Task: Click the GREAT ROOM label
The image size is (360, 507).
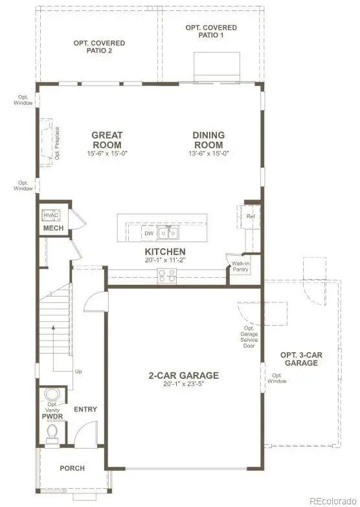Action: tap(107, 140)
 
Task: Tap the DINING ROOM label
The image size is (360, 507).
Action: tap(208, 140)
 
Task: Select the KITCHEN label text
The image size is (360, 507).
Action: tap(165, 251)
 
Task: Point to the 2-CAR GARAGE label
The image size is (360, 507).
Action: tap(184, 376)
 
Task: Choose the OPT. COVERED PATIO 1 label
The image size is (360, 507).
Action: tap(211, 32)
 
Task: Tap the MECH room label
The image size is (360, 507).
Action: tap(52, 229)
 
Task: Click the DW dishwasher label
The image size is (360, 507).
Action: tap(148, 233)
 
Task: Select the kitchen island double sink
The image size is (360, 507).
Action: tap(170, 232)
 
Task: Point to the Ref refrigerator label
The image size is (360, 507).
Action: tap(251, 216)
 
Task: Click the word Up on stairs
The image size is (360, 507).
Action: tap(78, 372)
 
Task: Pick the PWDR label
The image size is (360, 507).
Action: tap(52, 417)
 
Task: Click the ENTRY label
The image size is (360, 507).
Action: tap(85, 409)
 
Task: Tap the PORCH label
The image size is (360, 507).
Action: tap(72, 468)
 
